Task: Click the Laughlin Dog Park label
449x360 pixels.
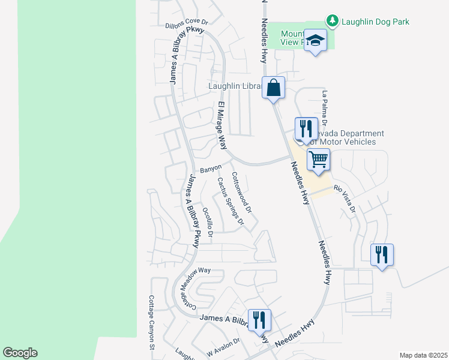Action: pyautogui.click(x=375, y=22)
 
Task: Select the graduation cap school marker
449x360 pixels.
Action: pyautogui.click(x=315, y=41)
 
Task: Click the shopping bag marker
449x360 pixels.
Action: pyautogui.click(x=273, y=88)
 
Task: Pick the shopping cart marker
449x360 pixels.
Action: pyautogui.click(x=318, y=160)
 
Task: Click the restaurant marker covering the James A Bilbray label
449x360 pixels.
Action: pyautogui.click(x=259, y=320)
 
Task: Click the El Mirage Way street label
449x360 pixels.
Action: pyautogui.click(x=221, y=126)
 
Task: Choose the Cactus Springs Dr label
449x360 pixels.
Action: pyautogui.click(x=231, y=201)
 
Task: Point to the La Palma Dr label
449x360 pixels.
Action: pyautogui.click(x=324, y=108)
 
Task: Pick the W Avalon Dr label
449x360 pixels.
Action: pyautogui.click(x=223, y=347)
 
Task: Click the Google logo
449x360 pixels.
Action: pyautogui.click(x=20, y=353)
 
